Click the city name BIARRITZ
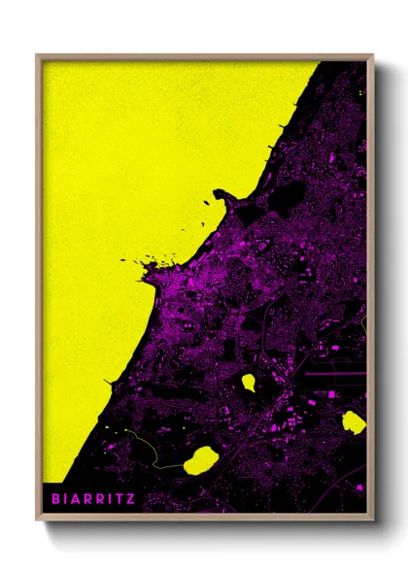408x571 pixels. point(96,499)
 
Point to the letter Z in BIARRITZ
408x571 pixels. point(131,499)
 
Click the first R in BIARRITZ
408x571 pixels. point(90,499)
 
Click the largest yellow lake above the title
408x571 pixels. point(200,458)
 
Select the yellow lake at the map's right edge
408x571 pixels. point(354,421)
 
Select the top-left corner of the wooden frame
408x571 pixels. point(37,56)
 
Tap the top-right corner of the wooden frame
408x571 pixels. point(372,56)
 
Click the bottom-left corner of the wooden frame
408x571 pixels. point(37,517)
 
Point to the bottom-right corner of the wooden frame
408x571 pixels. point(372,517)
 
